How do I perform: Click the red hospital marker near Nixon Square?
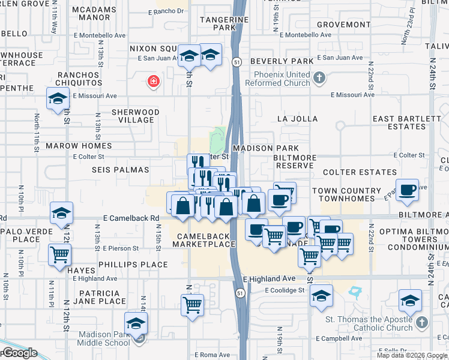[154, 82]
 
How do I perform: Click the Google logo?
[19, 353]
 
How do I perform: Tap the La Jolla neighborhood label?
[297, 119]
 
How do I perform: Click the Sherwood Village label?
[136, 116]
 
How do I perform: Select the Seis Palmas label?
[120, 170]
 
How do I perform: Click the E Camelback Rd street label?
[131, 218]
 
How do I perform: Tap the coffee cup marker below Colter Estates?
[408, 190]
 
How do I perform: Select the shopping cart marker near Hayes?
[59, 254]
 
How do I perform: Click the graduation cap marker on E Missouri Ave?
[58, 98]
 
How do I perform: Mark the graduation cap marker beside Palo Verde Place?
[61, 213]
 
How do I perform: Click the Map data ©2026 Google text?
[412, 355]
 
